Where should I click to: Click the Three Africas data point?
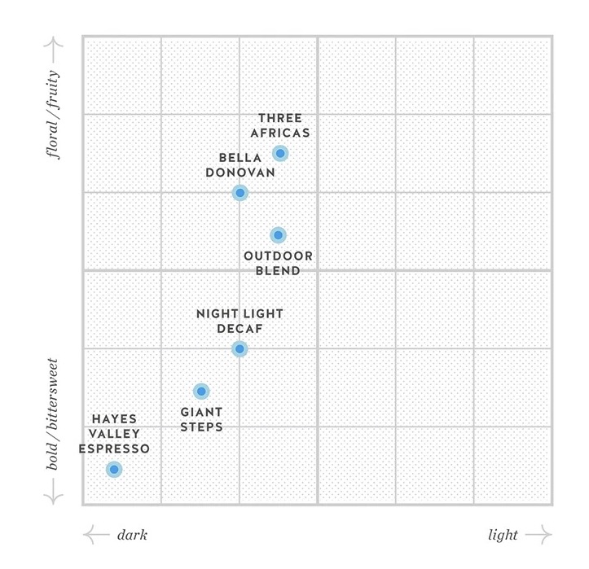280,153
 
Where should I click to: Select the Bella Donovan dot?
240,193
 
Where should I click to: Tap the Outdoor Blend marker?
278,235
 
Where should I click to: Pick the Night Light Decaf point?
240,349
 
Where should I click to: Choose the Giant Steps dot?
201,392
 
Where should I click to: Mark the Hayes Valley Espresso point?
114,469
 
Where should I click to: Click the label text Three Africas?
279,126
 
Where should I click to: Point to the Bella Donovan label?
240,165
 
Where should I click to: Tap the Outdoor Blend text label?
278,263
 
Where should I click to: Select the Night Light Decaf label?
240,321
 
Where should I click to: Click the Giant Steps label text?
201,419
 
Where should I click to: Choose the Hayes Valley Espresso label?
114,434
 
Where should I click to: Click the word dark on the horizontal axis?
132,535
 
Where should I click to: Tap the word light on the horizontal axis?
503,535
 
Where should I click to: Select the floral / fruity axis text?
54,123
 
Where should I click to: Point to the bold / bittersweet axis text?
54,414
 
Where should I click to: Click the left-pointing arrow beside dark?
96,535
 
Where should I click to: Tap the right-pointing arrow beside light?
538,535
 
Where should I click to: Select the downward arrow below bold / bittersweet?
54,492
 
